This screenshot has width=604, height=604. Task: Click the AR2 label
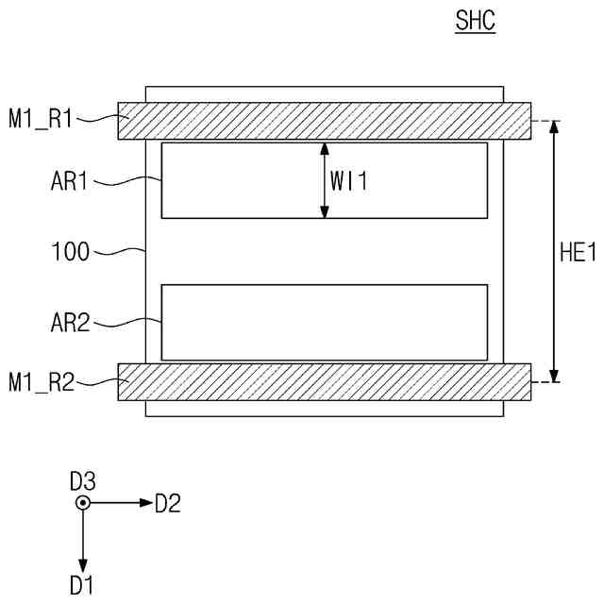point(70,324)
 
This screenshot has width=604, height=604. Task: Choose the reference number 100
point(71,252)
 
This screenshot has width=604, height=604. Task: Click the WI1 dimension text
point(348,181)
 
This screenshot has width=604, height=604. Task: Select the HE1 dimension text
point(578,252)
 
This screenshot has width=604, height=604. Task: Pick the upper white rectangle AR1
point(236,180)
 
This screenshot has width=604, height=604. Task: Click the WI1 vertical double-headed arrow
point(325,180)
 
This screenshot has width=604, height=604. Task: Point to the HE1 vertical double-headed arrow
point(554,252)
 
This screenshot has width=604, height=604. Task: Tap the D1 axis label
point(82,585)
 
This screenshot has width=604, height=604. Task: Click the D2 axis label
point(167,503)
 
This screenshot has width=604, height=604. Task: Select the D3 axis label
point(83,481)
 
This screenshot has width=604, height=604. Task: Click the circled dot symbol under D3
point(83,503)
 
